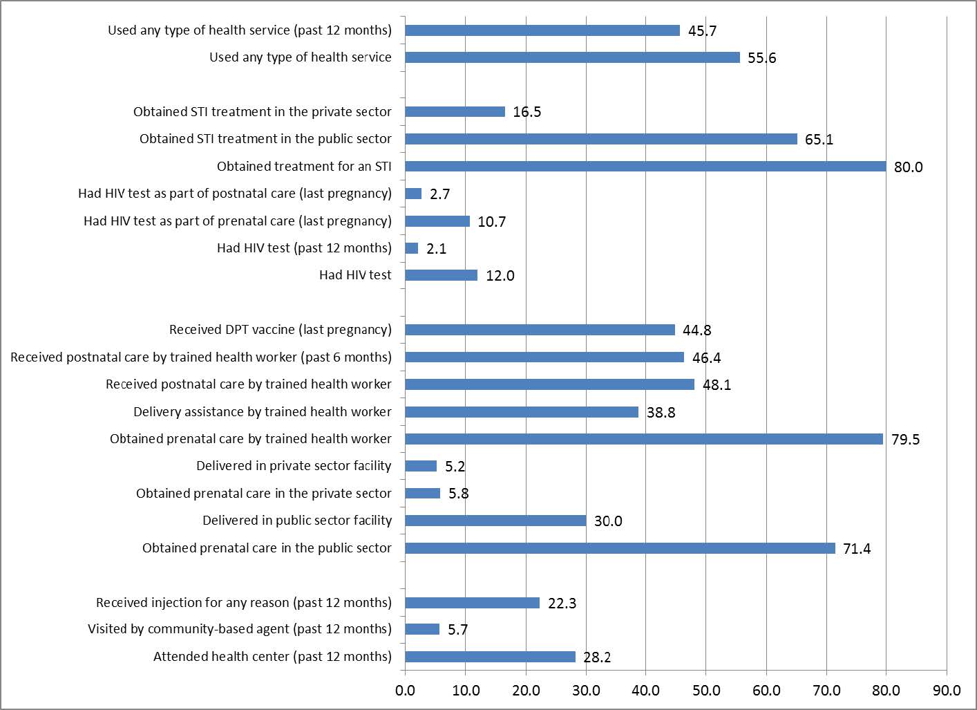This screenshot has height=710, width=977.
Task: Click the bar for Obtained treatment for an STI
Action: (645, 167)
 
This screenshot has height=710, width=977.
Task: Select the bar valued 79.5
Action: (644, 439)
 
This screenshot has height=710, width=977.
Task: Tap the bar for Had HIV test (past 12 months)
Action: (412, 248)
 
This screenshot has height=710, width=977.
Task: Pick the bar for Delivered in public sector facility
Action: (495, 521)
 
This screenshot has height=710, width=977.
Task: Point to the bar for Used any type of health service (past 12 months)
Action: (542, 30)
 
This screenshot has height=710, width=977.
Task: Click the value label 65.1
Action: (819, 140)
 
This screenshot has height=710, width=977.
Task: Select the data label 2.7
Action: (439, 194)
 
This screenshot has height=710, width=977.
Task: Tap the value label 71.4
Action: (857, 549)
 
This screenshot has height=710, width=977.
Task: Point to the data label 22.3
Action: (562, 604)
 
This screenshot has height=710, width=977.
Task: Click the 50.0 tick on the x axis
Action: (706, 691)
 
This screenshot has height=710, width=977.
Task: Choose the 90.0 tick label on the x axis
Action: (947, 691)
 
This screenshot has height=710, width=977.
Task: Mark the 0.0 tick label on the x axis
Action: (406, 691)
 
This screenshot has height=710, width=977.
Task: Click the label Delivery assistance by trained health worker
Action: (263, 412)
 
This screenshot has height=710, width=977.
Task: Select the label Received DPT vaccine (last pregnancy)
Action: (281, 330)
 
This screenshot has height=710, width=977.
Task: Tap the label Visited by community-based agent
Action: (240, 629)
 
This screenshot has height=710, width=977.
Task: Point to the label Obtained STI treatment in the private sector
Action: (263, 112)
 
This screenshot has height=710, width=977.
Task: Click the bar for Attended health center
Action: (490, 657)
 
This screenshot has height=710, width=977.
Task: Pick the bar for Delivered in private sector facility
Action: (421, 466)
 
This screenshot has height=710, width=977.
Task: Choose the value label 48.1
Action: (717, 385)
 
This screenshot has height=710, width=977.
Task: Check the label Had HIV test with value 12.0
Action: (355, 275)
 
